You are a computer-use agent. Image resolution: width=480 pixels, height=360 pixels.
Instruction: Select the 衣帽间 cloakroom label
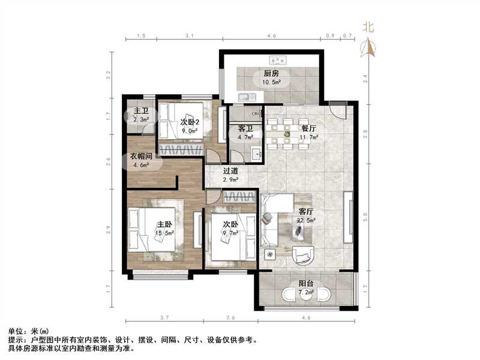click(144, 157)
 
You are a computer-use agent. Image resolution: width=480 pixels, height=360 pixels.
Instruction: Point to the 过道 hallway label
click(231, 170)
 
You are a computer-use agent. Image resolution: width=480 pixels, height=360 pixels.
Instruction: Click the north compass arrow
click(368, 47)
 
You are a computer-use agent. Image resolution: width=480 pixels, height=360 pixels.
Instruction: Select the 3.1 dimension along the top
click(189, 37)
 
